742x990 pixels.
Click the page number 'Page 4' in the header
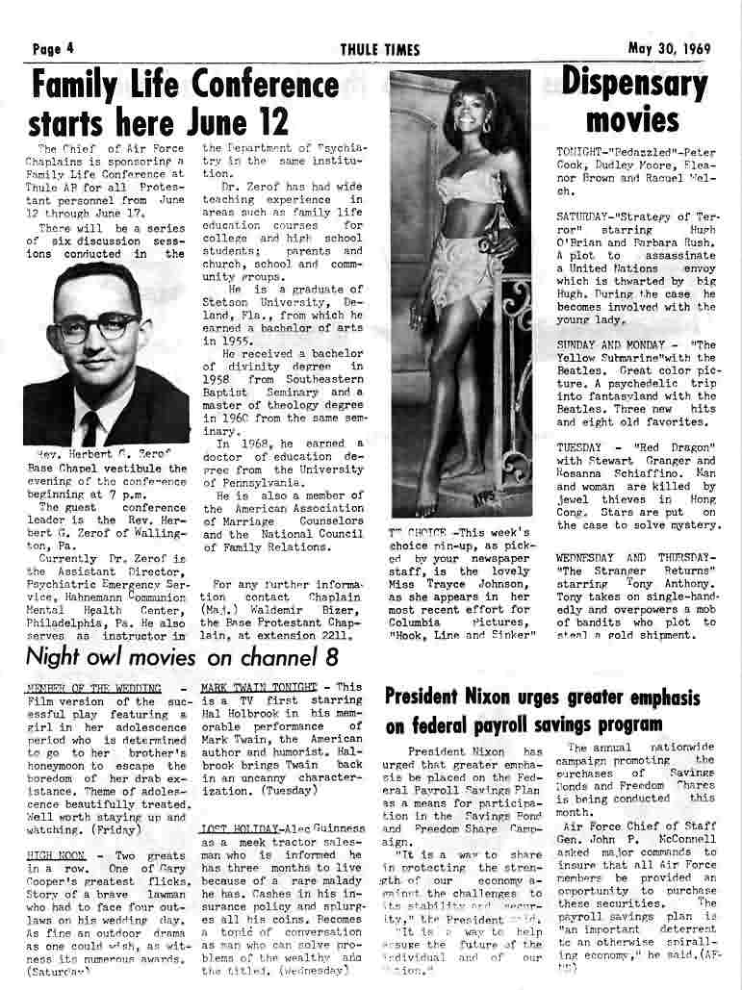pyautogui.click(x=52, y=50)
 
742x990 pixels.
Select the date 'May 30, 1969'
pyautogui.click(x=670, y=50)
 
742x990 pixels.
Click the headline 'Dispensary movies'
pyautogui.click(x=633, y=101)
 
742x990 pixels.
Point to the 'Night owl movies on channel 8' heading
pyautogui.click(x=182, y=658)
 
